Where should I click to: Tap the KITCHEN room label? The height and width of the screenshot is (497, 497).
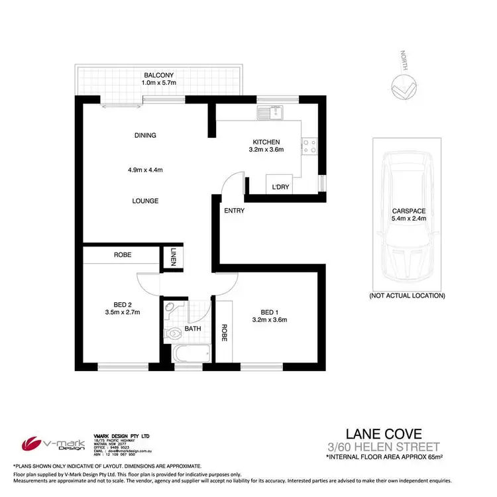coord(266,142)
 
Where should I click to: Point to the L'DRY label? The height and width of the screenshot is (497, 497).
coord(280,188)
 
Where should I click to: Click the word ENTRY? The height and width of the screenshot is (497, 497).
coord(235,211)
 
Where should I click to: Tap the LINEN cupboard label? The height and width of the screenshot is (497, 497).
coord(173,257)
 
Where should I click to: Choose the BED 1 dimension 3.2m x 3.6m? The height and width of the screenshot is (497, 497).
coord(268,320)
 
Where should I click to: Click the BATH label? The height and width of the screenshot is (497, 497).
coord(192,328)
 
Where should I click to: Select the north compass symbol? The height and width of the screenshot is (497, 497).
coord(403,85)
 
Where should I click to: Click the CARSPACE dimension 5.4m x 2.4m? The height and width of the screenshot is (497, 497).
coord(408,218)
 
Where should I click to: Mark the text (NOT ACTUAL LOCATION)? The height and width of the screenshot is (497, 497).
coord(407,296)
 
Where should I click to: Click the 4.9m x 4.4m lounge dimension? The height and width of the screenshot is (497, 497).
coord(145,170)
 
